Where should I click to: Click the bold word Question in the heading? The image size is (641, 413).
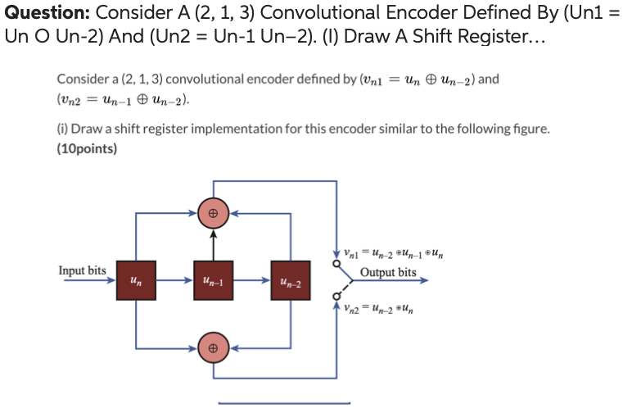click(47, 13)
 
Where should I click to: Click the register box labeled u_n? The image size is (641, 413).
click(134, 280)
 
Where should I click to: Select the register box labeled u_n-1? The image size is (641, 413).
click(213, 280)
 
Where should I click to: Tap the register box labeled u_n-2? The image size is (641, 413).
click(291, 280)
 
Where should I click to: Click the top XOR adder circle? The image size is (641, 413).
click(213, 212)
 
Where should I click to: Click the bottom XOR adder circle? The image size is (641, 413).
click(213, 348)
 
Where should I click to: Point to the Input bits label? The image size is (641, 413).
click(82, 270)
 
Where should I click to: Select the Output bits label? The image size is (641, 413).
click(388, 272)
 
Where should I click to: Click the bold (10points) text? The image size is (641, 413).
click(87, 149)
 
